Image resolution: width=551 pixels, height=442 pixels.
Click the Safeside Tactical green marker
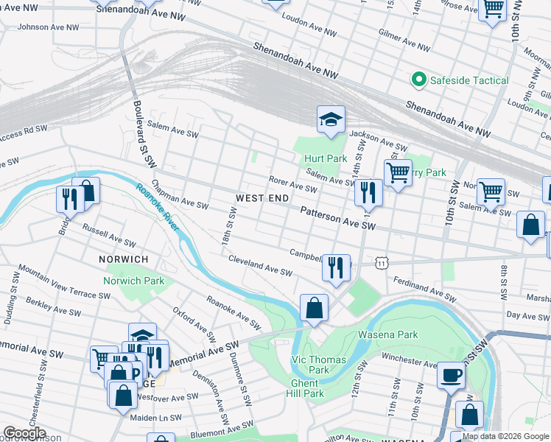(419, 80)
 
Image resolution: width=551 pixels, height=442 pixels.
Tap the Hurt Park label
(325, 158)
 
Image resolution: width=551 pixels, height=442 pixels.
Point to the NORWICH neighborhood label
(124, 259)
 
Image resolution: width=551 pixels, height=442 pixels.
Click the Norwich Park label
(133, 281)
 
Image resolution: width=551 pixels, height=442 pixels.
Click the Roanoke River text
(158, 207)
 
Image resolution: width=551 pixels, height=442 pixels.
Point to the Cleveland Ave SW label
(260, 266)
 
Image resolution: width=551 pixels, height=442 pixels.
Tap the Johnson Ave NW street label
(48, 27)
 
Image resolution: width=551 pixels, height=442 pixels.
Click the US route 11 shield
(380, 262)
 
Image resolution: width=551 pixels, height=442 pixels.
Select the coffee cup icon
(450, 375)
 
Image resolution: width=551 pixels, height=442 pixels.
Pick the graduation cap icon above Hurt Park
(331, 119)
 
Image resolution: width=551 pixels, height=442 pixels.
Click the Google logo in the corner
(24, 433)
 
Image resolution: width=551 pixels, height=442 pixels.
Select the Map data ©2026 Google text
(505, 436)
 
